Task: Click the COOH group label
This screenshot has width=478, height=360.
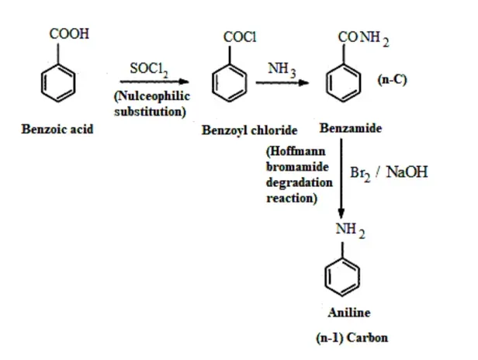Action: point(69,33)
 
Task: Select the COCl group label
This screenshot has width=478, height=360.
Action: point(240,37)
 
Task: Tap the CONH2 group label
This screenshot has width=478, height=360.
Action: point(363,39)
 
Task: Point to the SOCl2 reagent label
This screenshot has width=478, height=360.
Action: point(149,70)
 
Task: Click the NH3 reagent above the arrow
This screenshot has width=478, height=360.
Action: point(282,70)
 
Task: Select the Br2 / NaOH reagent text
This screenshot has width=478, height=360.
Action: point(389,173)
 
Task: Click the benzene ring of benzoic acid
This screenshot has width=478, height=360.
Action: point(58,83)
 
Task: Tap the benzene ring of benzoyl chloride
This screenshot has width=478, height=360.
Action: point(230,83)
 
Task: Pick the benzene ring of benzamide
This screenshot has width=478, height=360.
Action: point(344,83)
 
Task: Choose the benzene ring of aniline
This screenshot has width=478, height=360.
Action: point(342,278)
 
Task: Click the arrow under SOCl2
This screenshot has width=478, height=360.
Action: point(154,81)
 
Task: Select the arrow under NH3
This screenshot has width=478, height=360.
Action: point(282,82)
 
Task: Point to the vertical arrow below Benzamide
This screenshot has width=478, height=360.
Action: point(341,178)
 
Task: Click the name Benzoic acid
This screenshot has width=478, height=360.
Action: point(57,129)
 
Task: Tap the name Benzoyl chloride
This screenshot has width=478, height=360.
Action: point(249,130)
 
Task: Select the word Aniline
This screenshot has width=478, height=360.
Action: point(349,313)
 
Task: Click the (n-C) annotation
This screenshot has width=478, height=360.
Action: point(392,80)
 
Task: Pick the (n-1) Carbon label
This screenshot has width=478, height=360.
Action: point(352,337)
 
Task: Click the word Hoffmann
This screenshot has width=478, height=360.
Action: point(296,151)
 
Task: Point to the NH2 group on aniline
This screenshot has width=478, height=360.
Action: point(350,230)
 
